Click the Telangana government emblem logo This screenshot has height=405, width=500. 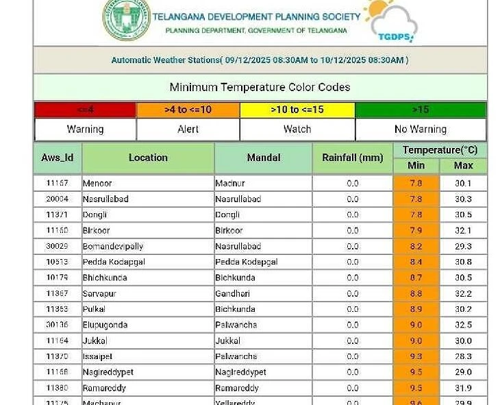126,19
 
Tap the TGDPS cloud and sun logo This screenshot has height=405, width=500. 390,21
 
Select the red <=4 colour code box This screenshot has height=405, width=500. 85,110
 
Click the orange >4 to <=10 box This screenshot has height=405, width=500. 188,110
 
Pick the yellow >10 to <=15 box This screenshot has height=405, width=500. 297,110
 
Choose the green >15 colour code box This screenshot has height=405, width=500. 421,110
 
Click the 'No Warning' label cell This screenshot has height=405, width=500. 421,129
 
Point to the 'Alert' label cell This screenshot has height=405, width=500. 188,129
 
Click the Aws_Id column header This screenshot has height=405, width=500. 58,158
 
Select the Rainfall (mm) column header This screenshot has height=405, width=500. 352,158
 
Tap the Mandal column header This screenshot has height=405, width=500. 263,158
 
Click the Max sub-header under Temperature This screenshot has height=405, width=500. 463,165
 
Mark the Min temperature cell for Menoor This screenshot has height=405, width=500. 416,184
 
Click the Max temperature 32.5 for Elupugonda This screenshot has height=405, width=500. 463,325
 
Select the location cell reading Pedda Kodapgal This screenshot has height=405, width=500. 148,262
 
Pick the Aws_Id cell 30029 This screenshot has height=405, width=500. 58,246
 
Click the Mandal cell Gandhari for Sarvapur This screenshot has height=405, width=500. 263,293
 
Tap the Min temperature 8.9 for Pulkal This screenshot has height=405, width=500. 416,309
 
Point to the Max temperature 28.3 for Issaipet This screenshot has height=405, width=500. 463,356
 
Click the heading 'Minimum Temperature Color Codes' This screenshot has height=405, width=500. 260,87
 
